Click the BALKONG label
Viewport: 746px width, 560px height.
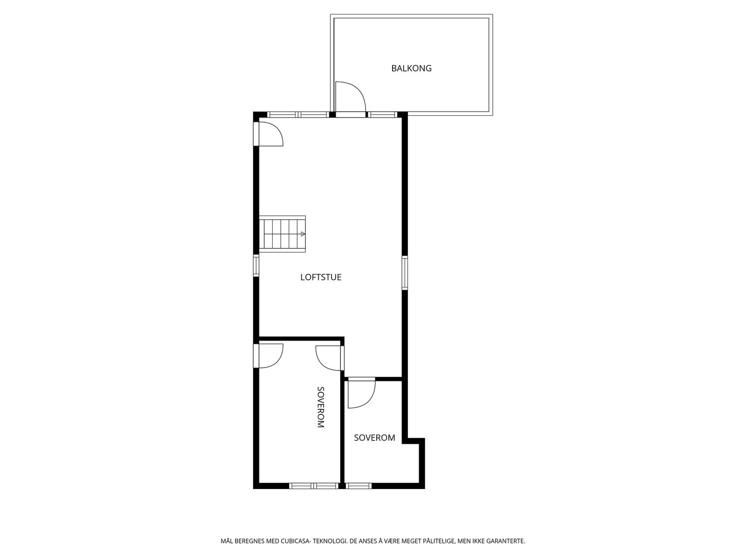click(411, 68)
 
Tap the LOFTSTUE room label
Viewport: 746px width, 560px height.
click(321, 277)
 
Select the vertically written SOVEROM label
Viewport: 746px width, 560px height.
click(320, 407)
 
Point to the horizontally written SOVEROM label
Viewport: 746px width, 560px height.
click(374, 438)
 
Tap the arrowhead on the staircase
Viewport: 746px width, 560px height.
click(303, 234)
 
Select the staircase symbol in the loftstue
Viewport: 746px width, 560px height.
click(282, 234)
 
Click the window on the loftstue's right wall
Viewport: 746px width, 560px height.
click(404, 273)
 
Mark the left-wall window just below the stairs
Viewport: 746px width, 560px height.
click(256, 265)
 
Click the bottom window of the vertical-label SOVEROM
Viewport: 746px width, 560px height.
click(314, 486)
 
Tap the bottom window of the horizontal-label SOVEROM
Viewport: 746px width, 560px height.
click(359, 486)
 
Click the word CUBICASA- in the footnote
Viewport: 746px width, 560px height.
click(296, 541)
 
